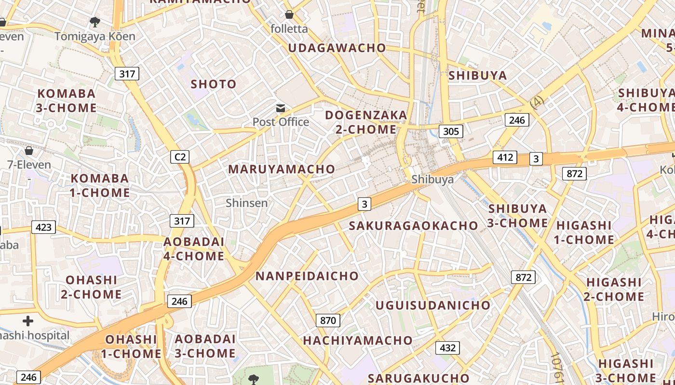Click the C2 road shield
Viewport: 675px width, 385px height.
pos(179,156)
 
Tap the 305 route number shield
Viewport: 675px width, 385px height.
pos(451,131)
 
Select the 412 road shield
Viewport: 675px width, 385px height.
pos(505,157)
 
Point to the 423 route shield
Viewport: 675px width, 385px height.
pos(43,227)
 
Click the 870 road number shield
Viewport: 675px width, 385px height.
pos(328,320)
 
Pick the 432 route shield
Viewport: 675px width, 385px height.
pos(447,347)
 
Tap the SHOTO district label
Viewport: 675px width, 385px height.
pos(214,84)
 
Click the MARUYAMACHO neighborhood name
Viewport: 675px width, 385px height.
pos(281,169)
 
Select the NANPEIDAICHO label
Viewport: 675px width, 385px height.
pos(307,276)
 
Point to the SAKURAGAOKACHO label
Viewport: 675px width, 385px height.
pos(413,226)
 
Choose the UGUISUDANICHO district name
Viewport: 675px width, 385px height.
pos(432,305)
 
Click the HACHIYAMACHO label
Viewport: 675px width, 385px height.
pos(358,340)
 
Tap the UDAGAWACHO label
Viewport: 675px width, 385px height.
pos(337,48)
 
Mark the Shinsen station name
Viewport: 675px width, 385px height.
pos(246,203)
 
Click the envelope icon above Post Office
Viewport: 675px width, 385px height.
pos(280,108)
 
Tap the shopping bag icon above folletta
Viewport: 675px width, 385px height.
pos(289,14)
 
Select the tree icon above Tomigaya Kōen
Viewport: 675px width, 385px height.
pos(94,22)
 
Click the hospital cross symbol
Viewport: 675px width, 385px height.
pos(28,321)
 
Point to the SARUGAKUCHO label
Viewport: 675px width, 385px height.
pos(418,378)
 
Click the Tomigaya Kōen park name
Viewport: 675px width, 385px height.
pos(94,36)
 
